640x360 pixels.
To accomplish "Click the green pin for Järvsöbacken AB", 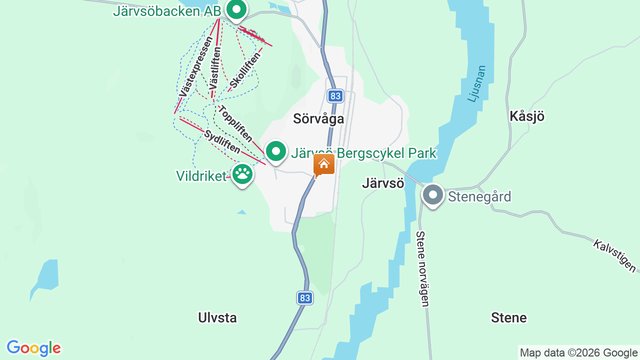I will click(x=236, y=9).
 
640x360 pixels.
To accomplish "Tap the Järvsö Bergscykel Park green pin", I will click(x=275, y=151).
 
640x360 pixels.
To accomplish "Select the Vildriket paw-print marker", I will click(x=242, y=174).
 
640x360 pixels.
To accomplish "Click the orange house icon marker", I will click(x=324, y=164).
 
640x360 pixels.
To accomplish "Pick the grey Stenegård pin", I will click(x=432, y=195).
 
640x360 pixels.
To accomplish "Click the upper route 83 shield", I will click(x=335, y=95).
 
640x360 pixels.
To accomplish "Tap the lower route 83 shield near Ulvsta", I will click(x=305, y=298).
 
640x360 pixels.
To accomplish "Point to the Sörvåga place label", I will click(x=318, y=119).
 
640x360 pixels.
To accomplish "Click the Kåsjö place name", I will click(x=526, y=116).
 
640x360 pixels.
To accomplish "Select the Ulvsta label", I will click(x=217, y=317).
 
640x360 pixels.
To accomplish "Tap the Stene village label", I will click(x=509, y=317).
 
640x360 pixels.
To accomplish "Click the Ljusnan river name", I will click(x=476, y=83).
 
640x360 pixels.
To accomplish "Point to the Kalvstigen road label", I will click(x=615, y=256).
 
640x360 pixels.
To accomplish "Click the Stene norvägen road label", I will click(x=422, y=268).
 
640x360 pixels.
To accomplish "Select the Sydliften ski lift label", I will click(x=222, y=141).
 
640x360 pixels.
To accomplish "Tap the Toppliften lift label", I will click(x=235, y=123).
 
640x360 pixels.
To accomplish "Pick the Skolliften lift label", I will click(x=246, y=70).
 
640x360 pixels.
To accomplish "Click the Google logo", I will click(x=33, y=348).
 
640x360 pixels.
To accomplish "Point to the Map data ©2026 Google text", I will click(x=578, y=353).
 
